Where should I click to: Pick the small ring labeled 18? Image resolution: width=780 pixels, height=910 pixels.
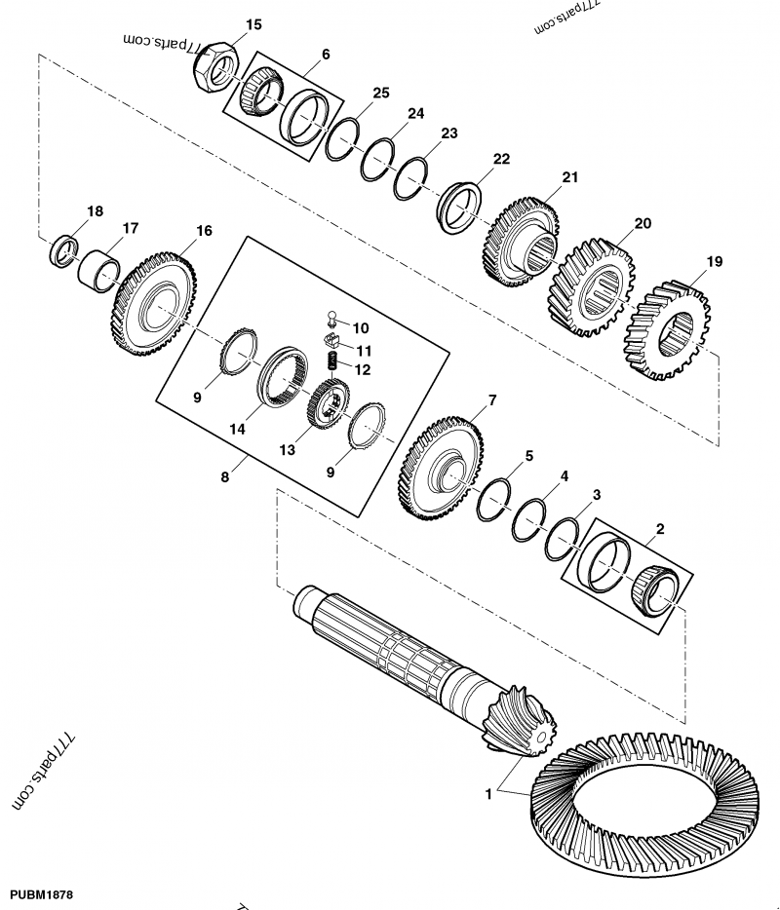pyautogui.click(x=64, y=248)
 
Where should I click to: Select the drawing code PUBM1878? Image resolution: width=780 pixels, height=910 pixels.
pyautogui.click(x=42, y=893)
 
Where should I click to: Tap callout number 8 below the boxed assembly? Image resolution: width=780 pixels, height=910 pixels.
pyautogui.click(x=225, y=477)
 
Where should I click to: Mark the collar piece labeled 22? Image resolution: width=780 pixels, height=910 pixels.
pyautogui.click(x=460, y=206)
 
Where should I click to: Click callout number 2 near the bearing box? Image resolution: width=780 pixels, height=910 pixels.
pyautogui.click(x=660, y=530)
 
